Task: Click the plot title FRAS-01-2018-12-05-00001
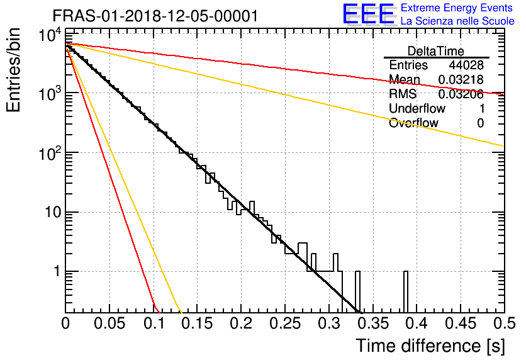(155, 16)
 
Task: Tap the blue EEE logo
(368, 14)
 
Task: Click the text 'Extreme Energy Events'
(457, 8)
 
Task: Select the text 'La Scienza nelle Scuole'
(457, 21)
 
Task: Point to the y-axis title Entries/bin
(13, 70)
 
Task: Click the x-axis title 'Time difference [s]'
(430, 346)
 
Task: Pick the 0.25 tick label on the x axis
(284, 323)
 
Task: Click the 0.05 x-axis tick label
(109, 323)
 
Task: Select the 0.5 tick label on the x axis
(504, 323)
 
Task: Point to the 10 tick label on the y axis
(53, 212)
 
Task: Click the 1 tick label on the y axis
(57, 271)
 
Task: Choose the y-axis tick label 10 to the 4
(50, 35)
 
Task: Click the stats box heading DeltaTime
(436, 51)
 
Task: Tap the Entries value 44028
(466, 65)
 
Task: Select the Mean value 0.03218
(461, 79)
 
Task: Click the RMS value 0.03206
(461, 94)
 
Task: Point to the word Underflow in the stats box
(417, 108)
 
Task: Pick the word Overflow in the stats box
(413, 123)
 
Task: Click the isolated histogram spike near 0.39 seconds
(406, 291)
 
